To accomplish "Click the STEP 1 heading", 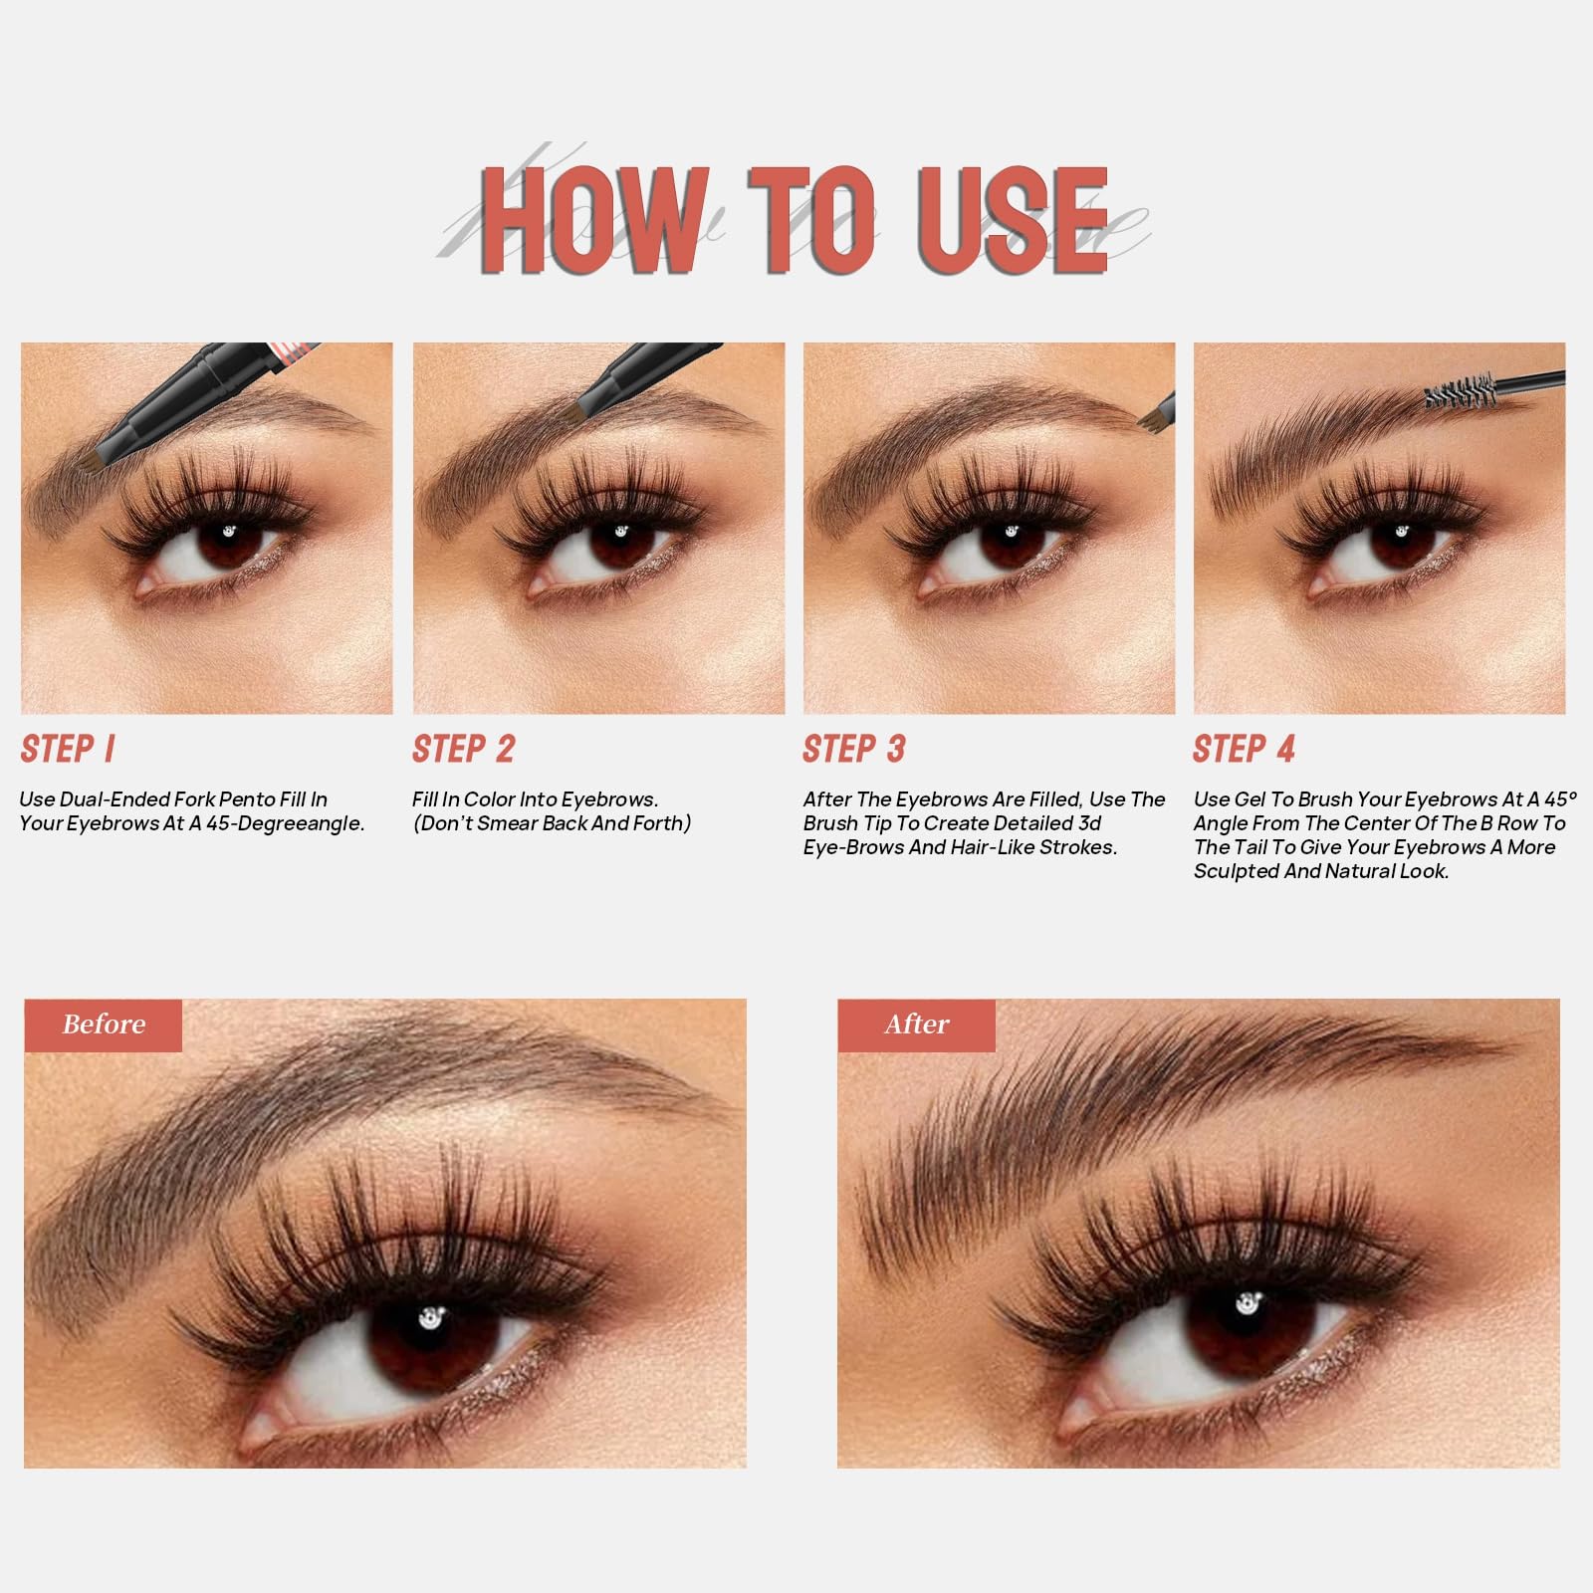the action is tap(68, 749).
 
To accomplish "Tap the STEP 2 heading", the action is tap(464, 749).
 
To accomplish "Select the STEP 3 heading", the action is tap(854, 749).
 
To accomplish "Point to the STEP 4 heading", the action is tap(1245, 749).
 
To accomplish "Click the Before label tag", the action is tap(104, 1024).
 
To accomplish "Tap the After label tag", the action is tap(916, 1024).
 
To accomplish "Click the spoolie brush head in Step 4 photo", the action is tap(1462, 391).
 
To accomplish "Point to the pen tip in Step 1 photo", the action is tap(94, 461).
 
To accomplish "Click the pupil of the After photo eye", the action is tap(1247, 1307).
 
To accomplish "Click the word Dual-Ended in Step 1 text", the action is tap(114, 799).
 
